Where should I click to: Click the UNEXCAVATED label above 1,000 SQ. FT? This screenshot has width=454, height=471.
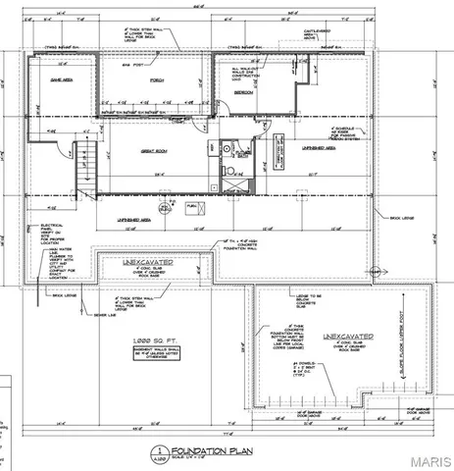[146, 264]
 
